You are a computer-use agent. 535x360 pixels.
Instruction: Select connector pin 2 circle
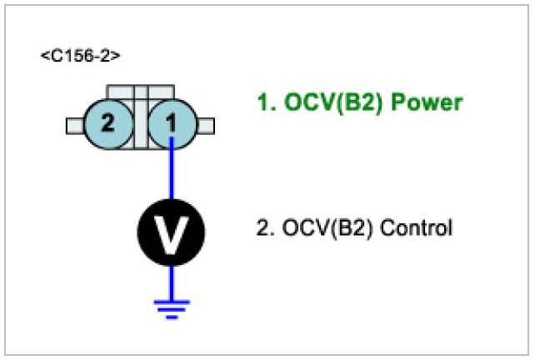click(x=107, y=125)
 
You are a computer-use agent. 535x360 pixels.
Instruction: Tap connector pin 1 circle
click(x=171, y=125)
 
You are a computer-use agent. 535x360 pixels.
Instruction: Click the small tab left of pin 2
click(x=73, y=126)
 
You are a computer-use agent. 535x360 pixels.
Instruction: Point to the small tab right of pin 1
click(x=205, y=126)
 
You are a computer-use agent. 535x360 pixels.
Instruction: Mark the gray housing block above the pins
click(x=139, y=92)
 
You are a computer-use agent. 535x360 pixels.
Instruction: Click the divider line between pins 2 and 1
click(x=139, y=125)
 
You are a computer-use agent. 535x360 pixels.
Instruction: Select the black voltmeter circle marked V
click(x=171, y=234)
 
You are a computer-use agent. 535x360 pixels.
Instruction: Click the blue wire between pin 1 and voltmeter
click(x=171, y=175)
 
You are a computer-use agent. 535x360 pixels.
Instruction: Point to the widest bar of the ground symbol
click(x=171, y=301)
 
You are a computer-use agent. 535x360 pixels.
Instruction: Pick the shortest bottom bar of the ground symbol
click(x=171, y=316)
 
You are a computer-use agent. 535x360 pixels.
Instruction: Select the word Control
click(x=417, y=227)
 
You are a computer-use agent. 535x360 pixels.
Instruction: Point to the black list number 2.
click(x=262, y=227)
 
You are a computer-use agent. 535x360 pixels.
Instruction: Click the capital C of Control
click(x=388, y=227)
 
